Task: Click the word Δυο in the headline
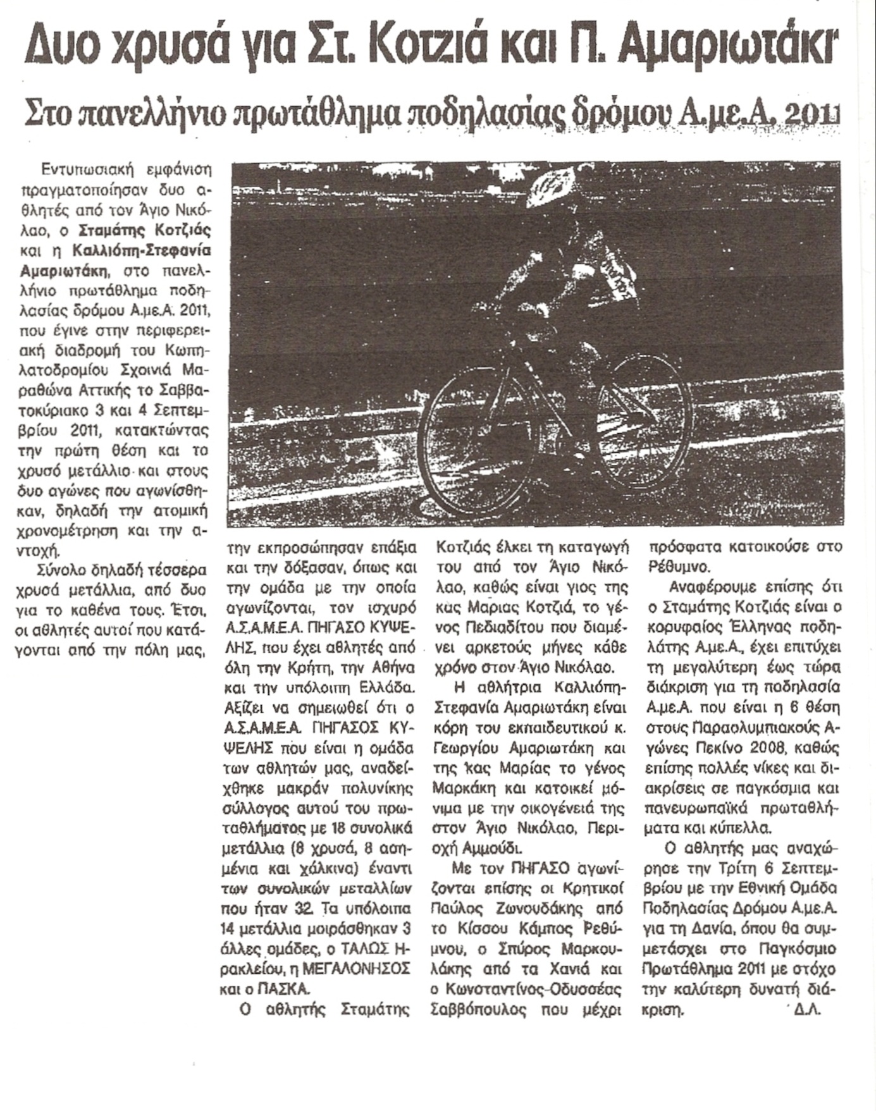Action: tap(70, 46)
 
